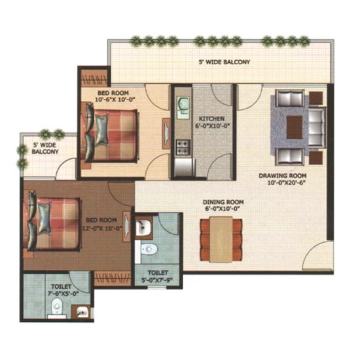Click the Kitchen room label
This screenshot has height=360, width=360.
[x=211, y=119]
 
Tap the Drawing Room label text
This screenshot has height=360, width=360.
[x=283, y=176]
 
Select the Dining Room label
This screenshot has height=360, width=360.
[x=223, y=202]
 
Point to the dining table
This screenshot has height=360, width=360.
[x=221, y=240]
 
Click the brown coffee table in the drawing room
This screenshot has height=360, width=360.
[x=295, y=127]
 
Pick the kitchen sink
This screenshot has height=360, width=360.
[x=183, y=108]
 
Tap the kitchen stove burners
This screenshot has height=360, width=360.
[x=183, y=147]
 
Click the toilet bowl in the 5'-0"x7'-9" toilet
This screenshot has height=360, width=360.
[x=149, y=249]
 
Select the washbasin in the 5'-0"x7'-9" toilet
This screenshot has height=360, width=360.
[x=143, y=227]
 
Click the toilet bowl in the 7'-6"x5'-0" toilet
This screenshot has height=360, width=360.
[x=56, y=306]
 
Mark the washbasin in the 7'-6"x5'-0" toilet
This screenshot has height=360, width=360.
[x=82, y=312]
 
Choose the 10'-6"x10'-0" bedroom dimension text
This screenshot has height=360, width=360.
[x=115, y=99]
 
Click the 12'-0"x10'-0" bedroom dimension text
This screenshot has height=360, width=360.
[x=101, y=228]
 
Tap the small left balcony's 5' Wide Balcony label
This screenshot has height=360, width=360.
[x=45, y=149]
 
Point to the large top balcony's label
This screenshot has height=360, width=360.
[x=225, y=62]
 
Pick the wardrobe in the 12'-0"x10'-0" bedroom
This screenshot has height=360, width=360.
[x=113, y=278]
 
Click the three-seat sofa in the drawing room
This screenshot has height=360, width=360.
[x=317, y=127]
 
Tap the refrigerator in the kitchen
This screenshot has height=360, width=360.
[x=184, y=167]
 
